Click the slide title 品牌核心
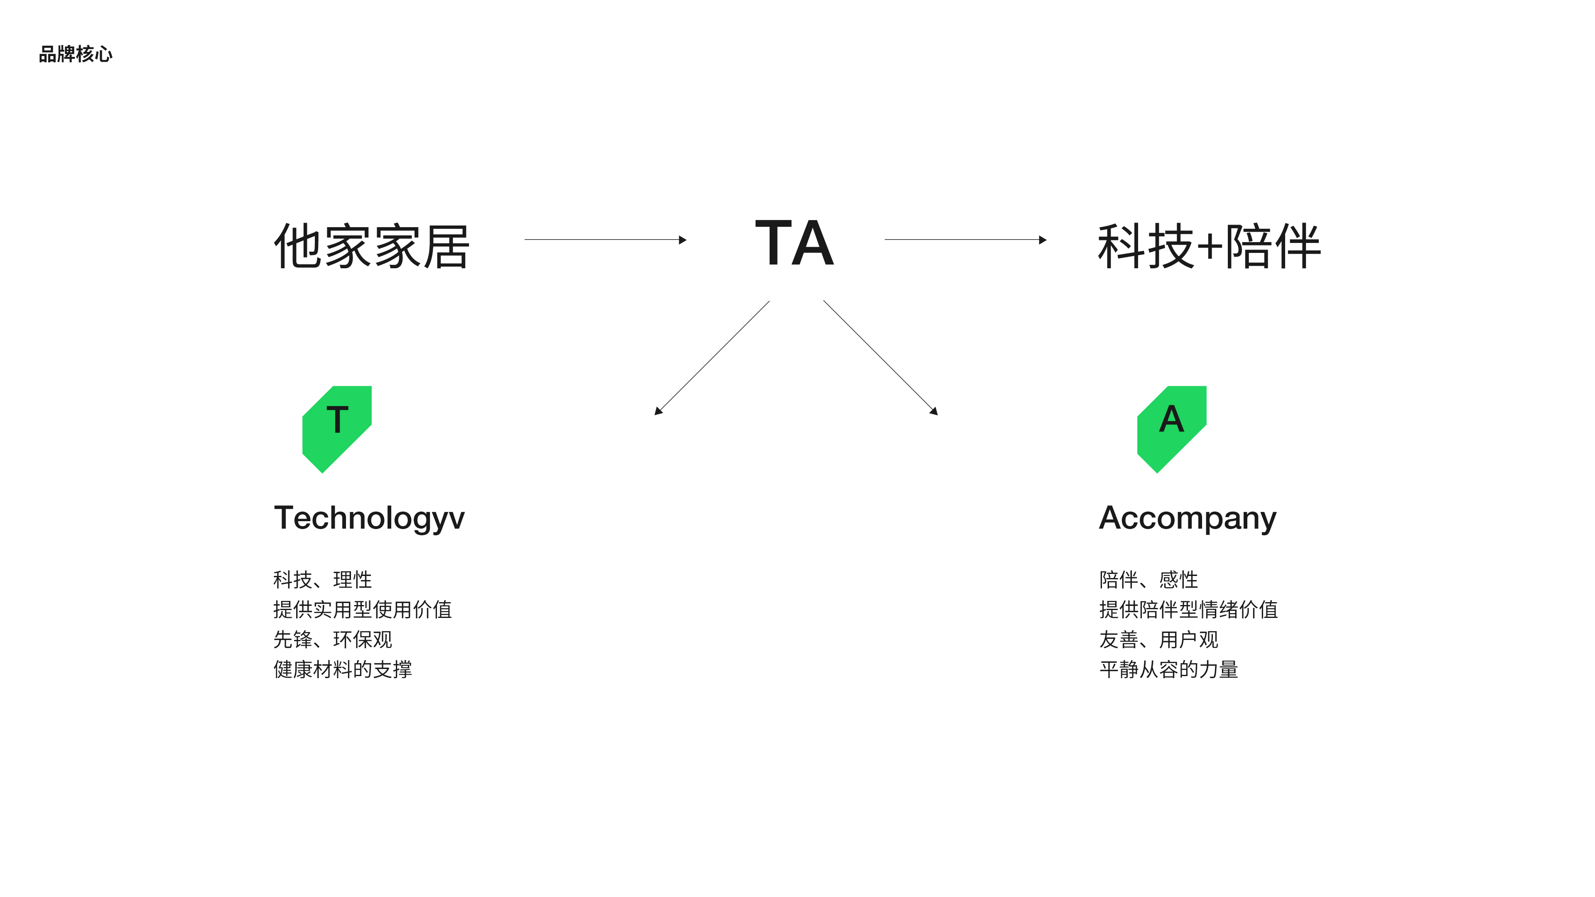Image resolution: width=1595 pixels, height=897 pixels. coord(76,54)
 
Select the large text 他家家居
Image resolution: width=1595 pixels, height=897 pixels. coord(371,246)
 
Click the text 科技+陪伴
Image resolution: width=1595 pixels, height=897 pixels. coord(1209,246)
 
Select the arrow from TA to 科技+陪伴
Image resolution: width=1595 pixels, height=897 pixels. coord(966,240)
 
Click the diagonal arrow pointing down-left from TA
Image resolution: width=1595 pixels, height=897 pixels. coord(712,358)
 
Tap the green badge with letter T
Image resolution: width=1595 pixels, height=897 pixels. coord(337,430)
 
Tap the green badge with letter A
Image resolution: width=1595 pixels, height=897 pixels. coord(1171,430)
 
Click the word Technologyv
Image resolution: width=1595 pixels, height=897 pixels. coord(369,519)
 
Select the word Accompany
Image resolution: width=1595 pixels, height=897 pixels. coord(1188,519)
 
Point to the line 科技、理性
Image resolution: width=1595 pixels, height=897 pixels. coord(323,579)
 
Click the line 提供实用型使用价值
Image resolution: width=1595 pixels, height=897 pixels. coord(363,609)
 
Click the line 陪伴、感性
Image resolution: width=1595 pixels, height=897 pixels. coord(1148,579)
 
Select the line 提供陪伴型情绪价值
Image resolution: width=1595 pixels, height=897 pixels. coord(1189,609)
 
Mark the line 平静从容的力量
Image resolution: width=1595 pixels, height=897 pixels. coord(1169,669)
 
